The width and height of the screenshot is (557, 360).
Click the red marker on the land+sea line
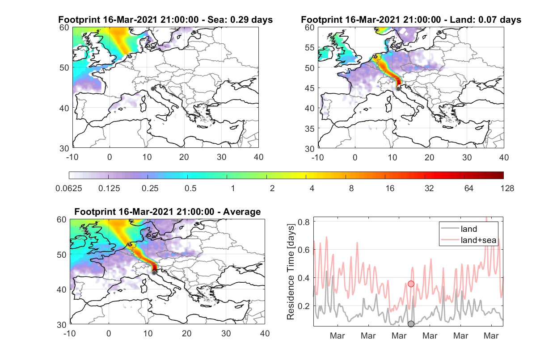point(411,284)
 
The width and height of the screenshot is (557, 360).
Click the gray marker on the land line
point(411,324)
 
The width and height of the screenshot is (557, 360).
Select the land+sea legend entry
point(468,240)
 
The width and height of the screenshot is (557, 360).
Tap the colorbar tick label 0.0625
point(69,188)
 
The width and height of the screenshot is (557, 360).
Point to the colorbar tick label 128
point(507,188)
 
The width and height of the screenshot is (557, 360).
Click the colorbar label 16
point(390,188)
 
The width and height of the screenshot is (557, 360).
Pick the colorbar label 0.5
point(190,188)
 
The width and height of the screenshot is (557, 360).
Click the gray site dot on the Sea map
point(153,89)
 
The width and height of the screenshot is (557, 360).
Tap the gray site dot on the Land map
point(398,89)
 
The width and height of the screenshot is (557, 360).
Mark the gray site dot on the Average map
point(154,272)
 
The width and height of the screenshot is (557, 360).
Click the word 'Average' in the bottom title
point(242,212)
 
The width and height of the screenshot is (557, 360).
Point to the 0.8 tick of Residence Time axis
point(304,222)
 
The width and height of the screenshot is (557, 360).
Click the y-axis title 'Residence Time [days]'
point(291,272)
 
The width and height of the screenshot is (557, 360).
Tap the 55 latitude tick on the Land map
point(309,47)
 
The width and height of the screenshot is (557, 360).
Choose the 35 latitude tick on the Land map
point(309,129)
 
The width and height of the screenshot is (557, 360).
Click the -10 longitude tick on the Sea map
point(72,157)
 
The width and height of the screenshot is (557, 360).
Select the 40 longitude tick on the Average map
point(265,333)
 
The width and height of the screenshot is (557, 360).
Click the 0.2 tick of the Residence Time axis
point(304,306)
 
